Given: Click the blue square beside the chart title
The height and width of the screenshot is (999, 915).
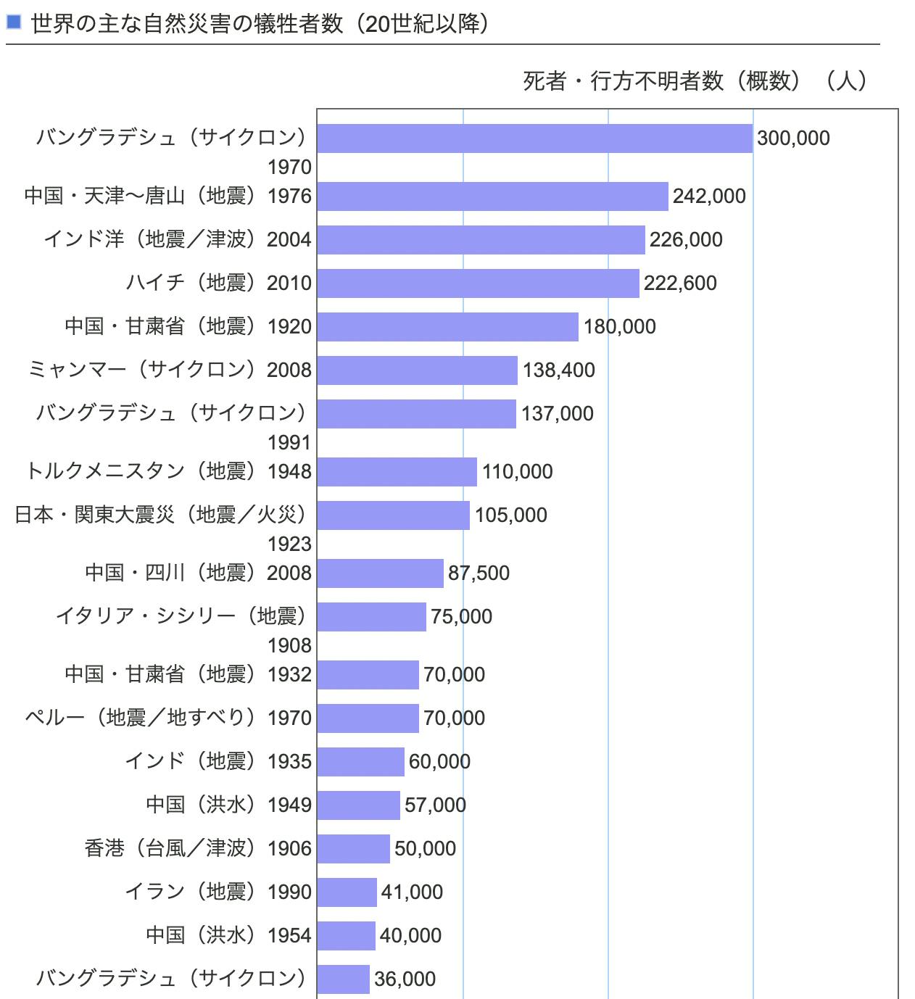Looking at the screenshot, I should click(13, 22).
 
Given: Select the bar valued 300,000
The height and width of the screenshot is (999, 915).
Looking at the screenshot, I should click(534, 138).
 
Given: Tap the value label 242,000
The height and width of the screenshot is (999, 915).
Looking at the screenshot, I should click(708, 196).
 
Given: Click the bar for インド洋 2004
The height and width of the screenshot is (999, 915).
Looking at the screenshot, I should click(481, 240).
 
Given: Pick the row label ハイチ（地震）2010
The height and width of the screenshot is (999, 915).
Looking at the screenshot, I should click(218, 283).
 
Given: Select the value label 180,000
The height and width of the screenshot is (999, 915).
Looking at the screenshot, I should click(619, 327).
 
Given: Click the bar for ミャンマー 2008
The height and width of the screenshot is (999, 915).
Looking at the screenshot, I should click(417, 370).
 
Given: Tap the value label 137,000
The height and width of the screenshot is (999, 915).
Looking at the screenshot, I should click(557, 414).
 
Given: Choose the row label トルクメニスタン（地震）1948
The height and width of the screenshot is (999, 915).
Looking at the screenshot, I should click(168, 471).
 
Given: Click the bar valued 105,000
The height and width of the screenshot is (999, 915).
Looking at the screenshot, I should click(393, 515).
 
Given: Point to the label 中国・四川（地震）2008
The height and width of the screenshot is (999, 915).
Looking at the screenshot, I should click(198, 573).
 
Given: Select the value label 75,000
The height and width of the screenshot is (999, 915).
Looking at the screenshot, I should click(461, 617).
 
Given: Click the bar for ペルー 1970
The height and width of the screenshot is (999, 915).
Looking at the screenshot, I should click(368, 718).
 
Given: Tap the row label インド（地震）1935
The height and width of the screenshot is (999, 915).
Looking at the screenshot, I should click(218, 761).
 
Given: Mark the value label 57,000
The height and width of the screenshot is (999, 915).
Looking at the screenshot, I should click(435, 805).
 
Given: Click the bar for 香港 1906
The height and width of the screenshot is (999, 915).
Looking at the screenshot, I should click(353, 849).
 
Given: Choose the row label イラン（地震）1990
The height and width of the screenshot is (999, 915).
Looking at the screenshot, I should click(218, 892).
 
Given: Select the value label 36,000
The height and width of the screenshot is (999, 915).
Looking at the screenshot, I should click(405, 979).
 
